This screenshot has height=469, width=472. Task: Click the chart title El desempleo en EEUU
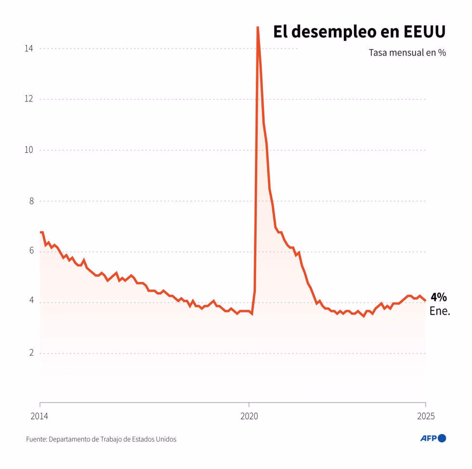tap(359, 32)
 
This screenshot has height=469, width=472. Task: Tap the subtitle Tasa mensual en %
tap(407, 52)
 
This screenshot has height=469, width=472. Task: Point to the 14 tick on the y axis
tap(30, 48)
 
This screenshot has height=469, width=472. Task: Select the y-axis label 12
tap(30, 99)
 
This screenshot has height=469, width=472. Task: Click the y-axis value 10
tap(30, 150)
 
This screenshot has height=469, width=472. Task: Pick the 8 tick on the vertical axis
tap(31, 201)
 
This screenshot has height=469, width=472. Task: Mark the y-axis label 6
tap(31, 251)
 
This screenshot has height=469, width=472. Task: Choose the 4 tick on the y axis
tap(31, 301)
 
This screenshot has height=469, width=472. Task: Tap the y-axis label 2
tap(31, 353)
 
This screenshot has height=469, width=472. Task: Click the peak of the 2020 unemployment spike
tap(258, 28)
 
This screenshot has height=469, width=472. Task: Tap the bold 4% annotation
tap(438, 298)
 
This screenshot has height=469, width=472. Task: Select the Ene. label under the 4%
tap(440, 311)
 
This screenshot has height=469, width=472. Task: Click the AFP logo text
tap(428, 438)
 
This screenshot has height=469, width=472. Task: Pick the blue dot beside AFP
tap(442, 438)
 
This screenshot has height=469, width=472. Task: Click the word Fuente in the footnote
tap(36, 439)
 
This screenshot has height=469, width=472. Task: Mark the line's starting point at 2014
tap(40, 232)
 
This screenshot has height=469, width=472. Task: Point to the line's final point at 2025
tap(425, 301)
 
